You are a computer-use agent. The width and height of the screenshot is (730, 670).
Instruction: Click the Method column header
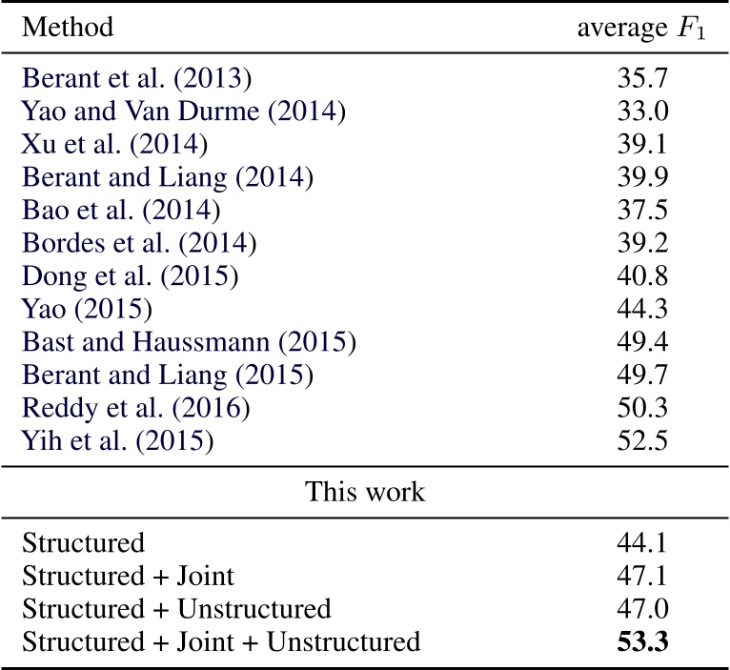(68, 27)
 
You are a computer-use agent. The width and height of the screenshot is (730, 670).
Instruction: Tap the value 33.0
(641, 112)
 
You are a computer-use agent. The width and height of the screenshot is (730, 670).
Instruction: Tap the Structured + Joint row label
(127, 578)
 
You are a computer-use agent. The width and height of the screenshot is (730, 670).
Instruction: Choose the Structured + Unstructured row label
(176, 609)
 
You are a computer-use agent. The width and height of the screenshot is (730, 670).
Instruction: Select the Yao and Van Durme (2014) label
(182, 112)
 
